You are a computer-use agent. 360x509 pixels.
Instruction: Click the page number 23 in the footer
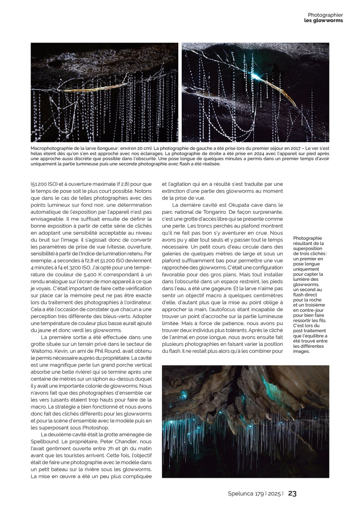pos(292,493)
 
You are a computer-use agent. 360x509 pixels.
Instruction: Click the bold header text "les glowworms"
pos(323,20)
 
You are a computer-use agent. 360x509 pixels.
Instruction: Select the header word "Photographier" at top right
pos(325,15)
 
